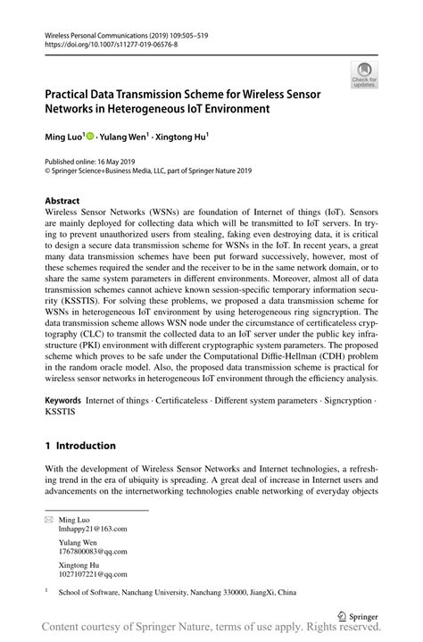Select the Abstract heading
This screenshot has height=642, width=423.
(62, 201)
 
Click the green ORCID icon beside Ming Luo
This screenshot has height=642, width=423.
(90, 137)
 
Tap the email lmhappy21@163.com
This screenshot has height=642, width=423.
(93, 529)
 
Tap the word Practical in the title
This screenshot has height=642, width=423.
(70, 94)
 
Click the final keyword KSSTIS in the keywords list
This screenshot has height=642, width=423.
(60, 415)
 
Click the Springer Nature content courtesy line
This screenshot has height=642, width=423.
(211, 629)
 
